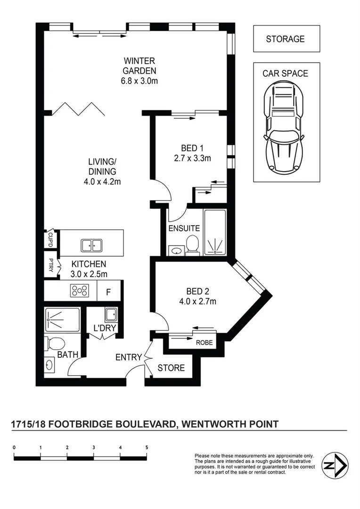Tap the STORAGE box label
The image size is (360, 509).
point(286,39)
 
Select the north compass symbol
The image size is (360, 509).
point(335,466)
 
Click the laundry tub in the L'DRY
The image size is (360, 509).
point(111,314)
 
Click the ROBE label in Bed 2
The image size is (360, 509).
point(204,343)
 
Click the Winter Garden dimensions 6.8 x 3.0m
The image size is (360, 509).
point(139,81)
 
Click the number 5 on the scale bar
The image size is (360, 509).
point(147,447)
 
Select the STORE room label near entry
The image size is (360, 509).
point(171,368)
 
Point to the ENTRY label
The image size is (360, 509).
point(129,358)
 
